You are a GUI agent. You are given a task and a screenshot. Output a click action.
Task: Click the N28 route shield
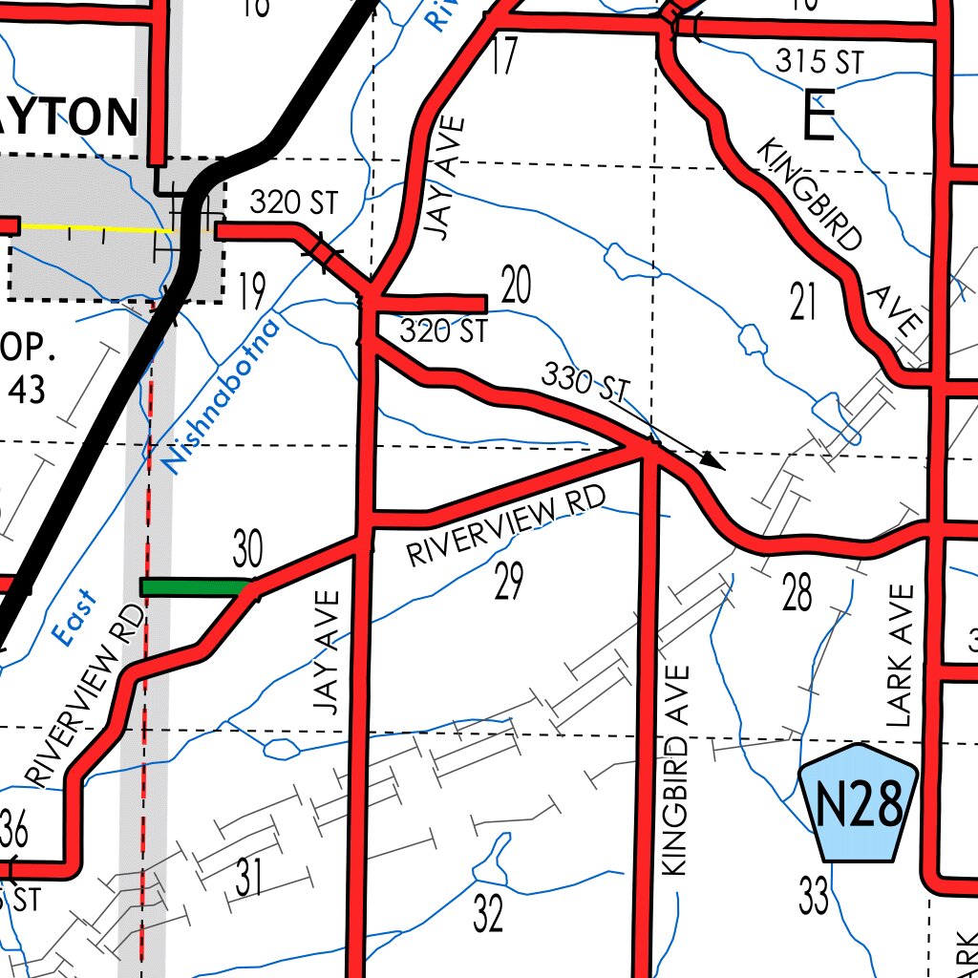(x=858, y=803)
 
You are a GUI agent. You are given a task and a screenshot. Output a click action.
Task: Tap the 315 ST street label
(x=819, y=62)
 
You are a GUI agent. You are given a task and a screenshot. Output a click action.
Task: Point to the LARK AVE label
(x=900, y=656)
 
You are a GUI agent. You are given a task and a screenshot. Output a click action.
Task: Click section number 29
(x=509, y=581)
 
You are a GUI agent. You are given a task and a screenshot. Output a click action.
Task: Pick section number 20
(x=515, y=287)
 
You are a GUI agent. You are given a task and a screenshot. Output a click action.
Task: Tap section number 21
(x=804, y=302)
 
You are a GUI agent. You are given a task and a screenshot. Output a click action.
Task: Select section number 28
(x=797, y=593)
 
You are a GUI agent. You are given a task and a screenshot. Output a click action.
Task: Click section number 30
(x=247, y=550)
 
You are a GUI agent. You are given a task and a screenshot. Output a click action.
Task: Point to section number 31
(x=248, y=879)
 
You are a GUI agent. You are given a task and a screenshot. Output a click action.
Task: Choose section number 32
(x=488, y=915)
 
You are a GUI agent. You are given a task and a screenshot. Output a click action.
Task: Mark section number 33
(x=814, y=896)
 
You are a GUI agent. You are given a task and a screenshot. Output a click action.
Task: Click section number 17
(x=503, y=56)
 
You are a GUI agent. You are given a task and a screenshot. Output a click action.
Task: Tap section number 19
(x=251, y=292)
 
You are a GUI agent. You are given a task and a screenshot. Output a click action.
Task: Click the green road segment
(x=195, y=586)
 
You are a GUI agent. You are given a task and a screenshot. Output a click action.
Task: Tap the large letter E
(x=819, y=119)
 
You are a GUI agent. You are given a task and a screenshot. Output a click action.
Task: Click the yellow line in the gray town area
(x=96, y=227)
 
